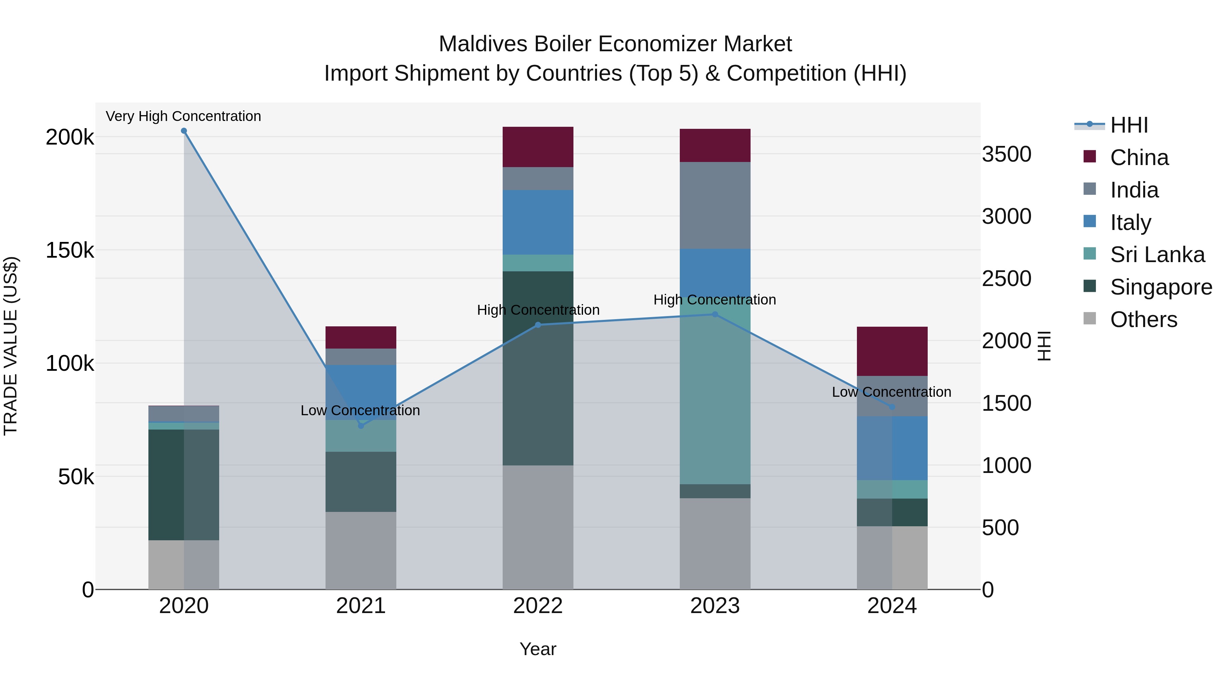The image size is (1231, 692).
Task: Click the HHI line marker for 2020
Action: coord(184,131)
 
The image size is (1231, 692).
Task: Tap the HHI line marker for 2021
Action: coord(361,425)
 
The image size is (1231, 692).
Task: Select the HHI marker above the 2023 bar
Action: coord(715,314)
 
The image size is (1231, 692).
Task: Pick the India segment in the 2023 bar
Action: coord(715,205)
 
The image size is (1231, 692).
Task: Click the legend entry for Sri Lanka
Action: coord(1156,255)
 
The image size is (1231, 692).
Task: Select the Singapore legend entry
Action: coord(1160,287)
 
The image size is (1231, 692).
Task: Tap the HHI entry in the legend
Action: coord(1128,125)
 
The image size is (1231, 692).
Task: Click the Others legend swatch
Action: coord(1089,318)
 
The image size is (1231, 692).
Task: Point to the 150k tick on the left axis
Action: coord(70,250)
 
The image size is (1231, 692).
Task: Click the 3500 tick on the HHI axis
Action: coord(1006,154)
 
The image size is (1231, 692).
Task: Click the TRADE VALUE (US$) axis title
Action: coord(11,346)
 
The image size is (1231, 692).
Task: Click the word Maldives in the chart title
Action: coord(482,44)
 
